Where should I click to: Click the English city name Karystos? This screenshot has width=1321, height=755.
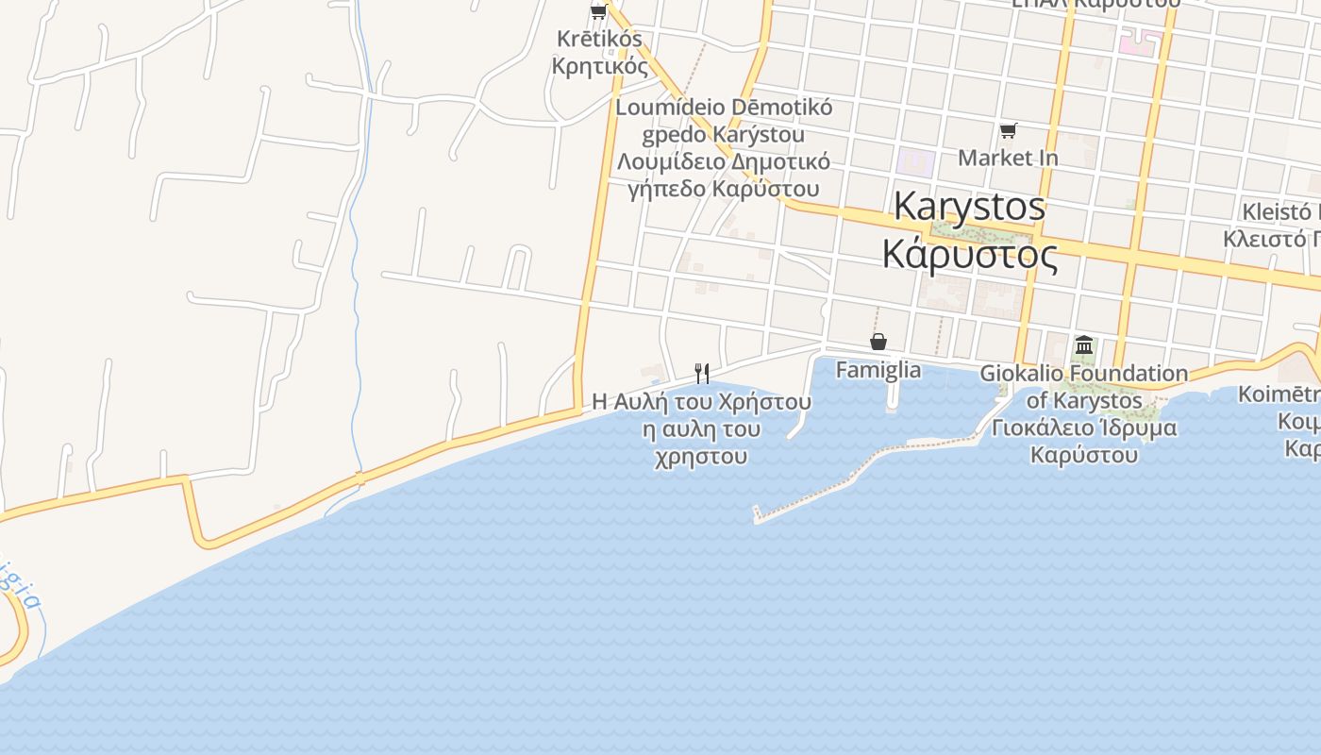pyautogui.click(x=969, y=206)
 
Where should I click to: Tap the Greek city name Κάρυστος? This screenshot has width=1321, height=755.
pyautogui.click(x=969, y=253)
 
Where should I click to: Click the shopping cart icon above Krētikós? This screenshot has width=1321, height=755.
pyautogui.click(x=597, y=12)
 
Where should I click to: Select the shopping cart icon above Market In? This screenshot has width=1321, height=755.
pyautogui.click(x=1008, y=130)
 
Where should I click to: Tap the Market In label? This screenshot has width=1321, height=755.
pyautogui.click(x=1008, y=158)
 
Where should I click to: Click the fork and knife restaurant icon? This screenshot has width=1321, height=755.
pyautogui.click(x=702, y=374)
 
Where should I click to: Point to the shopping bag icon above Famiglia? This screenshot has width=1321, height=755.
pyautogui.click(x=878, y=342)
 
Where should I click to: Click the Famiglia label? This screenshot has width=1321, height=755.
pyautogui.click(x=878, y=369)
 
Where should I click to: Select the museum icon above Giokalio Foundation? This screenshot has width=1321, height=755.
pyautogui.click(x=1083, y=345)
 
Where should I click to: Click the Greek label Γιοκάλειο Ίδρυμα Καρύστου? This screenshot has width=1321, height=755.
pyautogui.click(x=1083, y=441)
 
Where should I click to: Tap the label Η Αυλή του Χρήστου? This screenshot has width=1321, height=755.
pyautogui.click(x=702, y=402)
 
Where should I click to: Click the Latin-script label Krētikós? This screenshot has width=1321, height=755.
pyautogui.click(x=597, y=40)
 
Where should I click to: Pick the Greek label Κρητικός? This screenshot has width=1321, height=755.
pyautogui.click(x=600, y=66)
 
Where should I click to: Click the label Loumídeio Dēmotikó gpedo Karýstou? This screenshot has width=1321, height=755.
pyautogui.click(x=724, y=121)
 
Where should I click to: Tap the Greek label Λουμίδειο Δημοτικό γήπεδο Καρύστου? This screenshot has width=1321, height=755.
pyautogui.click(x=724, y=175)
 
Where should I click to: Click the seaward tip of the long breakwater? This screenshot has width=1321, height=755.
pyautogui.click(x=757, y=515)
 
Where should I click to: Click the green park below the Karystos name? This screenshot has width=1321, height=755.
pyautogui.click(x=967, y=230)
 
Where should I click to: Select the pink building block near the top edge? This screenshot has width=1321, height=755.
pyautogui.click(x=1138, y=42)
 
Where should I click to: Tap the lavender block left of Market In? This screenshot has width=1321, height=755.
pyautogui.click(x=915, y=161)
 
